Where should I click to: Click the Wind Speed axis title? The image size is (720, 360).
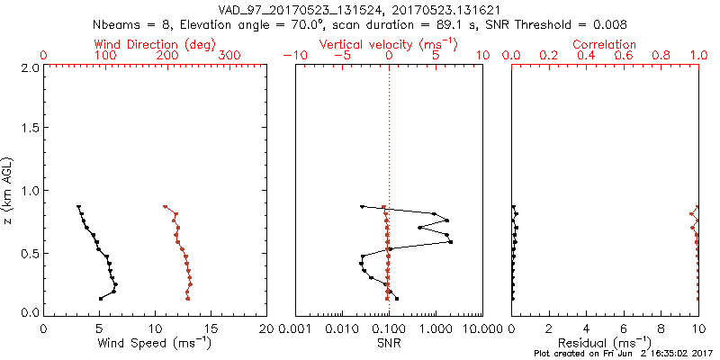point(156,342)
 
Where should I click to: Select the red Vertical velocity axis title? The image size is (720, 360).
point(388,44)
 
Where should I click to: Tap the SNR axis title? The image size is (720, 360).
point(389,342)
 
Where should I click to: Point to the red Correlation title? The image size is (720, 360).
point(605,44)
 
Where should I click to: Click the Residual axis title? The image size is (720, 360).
point(605,342)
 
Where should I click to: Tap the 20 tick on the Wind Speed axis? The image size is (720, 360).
point(267,328)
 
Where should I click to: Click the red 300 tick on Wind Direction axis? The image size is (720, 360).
point(230,56)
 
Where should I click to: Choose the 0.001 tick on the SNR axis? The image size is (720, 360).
point(295,328)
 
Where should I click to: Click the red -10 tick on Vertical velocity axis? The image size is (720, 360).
point(292,56)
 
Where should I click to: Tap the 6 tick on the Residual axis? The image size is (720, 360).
point(624,328)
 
